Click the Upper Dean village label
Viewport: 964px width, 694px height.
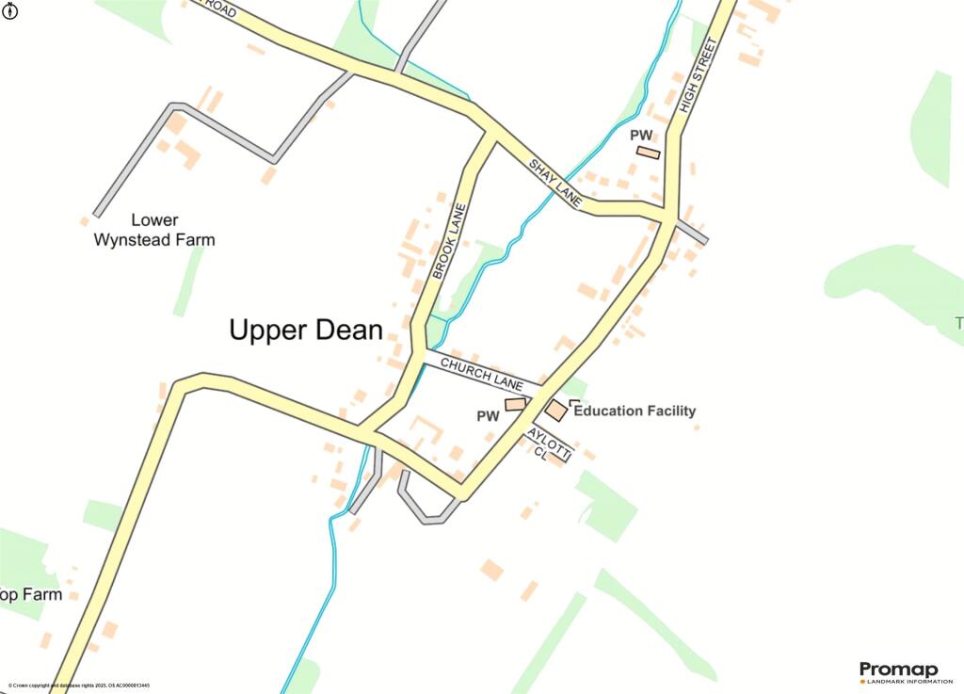click(306, 331)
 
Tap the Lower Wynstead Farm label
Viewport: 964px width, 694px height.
click(153, 230)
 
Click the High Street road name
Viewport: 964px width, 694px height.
click(697, 76)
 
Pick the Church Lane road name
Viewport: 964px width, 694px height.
click(481, 373)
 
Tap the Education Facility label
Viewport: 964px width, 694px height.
click(635, 411)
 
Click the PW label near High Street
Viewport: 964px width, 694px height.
click(641, 136)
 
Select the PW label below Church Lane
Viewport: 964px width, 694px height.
click(487, 415)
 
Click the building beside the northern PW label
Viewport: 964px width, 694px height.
click(648, 152)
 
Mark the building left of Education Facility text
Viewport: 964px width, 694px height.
click(556, 411)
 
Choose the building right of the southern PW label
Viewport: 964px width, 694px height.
click(515, 404)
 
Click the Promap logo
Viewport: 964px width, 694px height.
click(898, 672)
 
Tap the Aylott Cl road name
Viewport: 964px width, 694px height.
click(549, 444)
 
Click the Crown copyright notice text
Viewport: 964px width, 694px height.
click(79, 686)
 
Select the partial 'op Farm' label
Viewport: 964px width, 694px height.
click(30, 594)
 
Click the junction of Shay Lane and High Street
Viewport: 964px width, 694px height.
click(667, 217)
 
